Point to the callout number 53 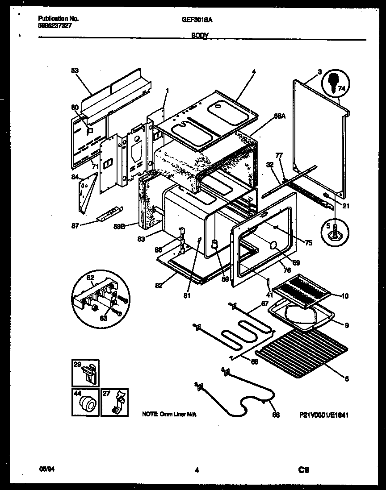point(74,70)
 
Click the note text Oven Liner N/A point(168,415)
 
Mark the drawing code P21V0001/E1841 point(323,415)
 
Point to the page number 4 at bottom point(197,469)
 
